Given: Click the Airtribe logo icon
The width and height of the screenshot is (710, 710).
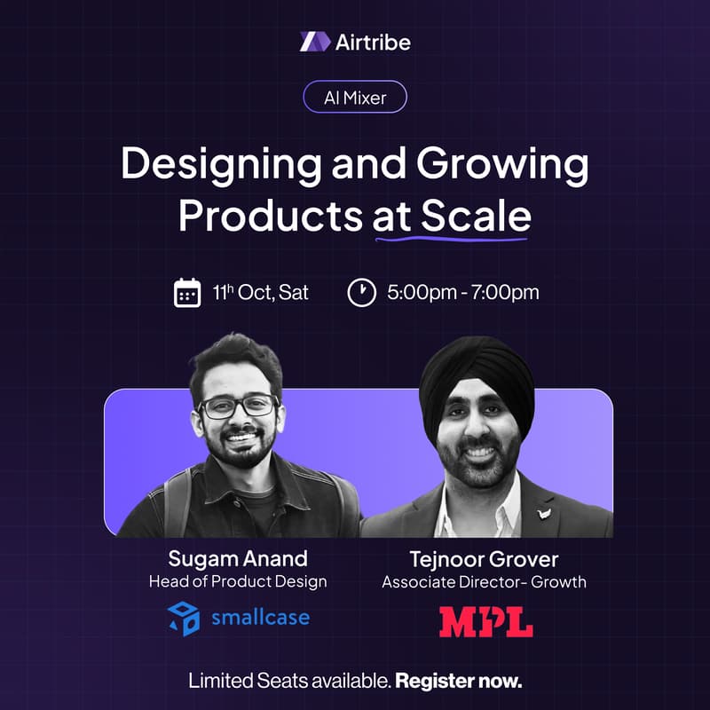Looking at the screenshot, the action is tap(315, 42).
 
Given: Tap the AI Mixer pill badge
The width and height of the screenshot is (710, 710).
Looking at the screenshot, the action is tap(355, 97).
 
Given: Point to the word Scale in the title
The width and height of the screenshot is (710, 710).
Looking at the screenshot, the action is tap(476, 216).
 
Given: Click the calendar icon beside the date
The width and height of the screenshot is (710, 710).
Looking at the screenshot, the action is tap(187, 293).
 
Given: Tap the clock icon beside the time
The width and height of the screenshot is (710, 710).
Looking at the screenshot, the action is tap(362, 293).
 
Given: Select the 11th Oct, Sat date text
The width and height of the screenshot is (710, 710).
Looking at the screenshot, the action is tap(261, 293).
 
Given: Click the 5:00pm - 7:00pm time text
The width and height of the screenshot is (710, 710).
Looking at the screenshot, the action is tap(462, 293).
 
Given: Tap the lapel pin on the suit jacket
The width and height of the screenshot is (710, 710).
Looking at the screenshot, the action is tap(543, 514).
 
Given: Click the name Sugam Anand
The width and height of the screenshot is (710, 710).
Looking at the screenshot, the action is tap(238, 558).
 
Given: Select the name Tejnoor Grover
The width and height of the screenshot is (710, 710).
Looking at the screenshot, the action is tap(484, 559).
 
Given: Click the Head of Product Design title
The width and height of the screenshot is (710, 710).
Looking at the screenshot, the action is tap(238, 581).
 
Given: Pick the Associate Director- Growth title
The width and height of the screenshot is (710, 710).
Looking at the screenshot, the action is tap(484, 582).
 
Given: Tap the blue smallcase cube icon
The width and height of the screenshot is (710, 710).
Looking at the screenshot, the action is tap(184, 619).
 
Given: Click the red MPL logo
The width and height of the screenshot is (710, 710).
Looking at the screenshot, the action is tap(485, 622).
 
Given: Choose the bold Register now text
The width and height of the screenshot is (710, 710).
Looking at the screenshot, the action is tap(458, 681).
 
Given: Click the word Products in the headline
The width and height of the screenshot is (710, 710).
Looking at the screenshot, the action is tap(271, 216).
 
